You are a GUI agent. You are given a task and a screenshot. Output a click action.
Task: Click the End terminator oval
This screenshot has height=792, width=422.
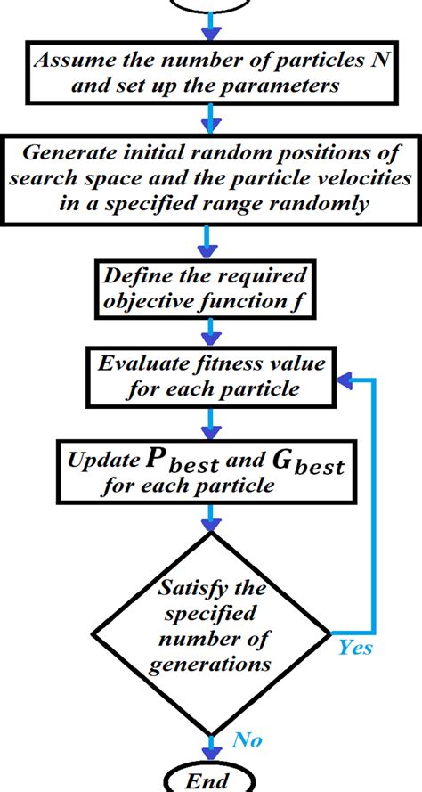tap(211, 780)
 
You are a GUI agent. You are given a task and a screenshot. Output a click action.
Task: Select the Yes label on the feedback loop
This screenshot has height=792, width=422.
tap(354, 648)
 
